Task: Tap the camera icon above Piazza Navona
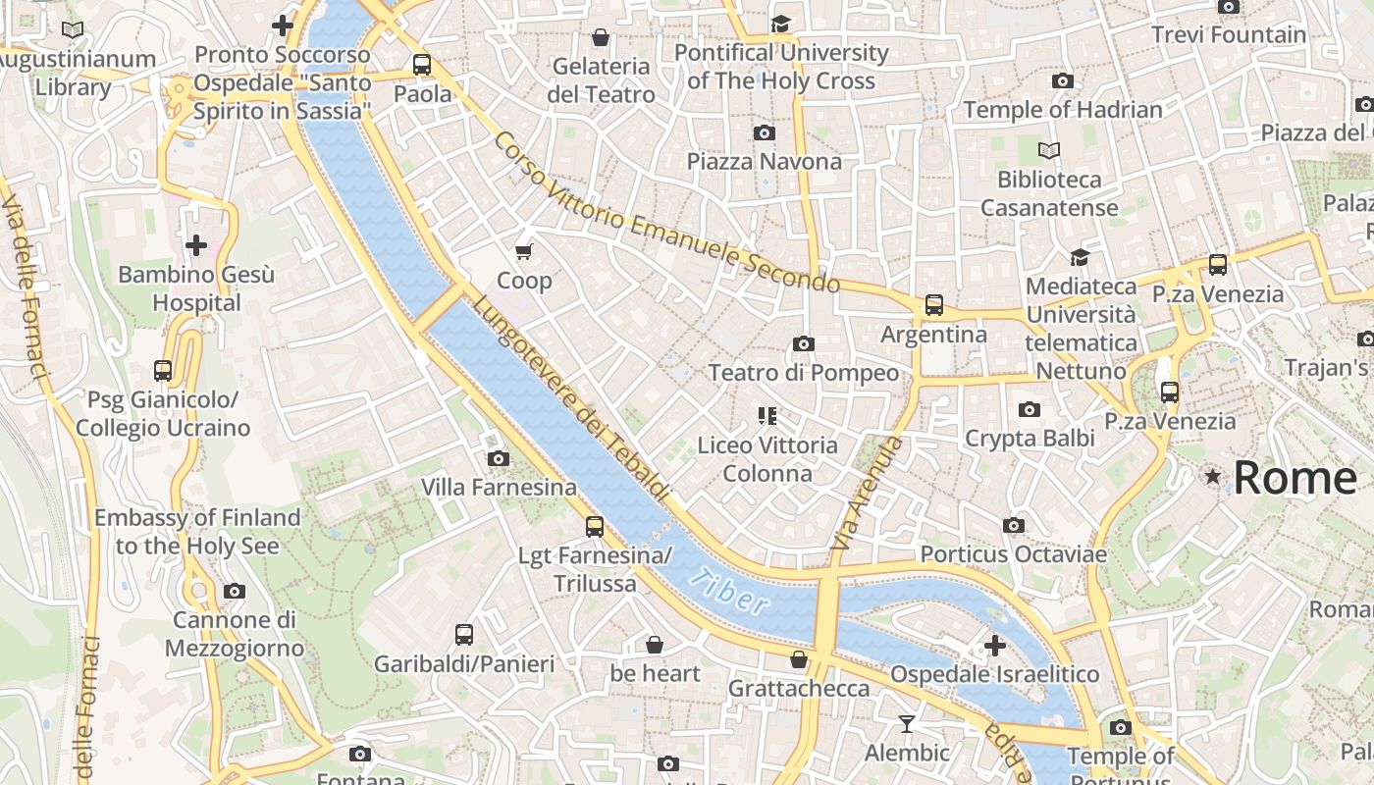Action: [764, 132]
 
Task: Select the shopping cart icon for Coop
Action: [524, 251]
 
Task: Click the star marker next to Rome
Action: [1213, 477]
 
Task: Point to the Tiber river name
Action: [729, 592]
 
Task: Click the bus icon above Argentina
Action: [933, 305]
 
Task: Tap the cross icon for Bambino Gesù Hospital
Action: [196, 244]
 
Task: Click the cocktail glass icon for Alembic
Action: [906, 724]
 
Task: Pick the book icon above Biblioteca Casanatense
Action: [1049, 150]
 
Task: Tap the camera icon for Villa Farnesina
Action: [498, 458]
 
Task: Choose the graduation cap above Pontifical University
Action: [780, 24]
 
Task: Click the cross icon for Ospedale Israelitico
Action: [994, 646]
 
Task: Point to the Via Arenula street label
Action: [865, 493]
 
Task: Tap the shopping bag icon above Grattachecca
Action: [799, 659]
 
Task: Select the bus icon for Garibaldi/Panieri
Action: [464, 635]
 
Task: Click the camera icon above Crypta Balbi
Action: [1029, 409]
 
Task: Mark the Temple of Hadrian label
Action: [1063, 110]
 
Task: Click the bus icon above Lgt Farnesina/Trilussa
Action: [594, 527]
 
